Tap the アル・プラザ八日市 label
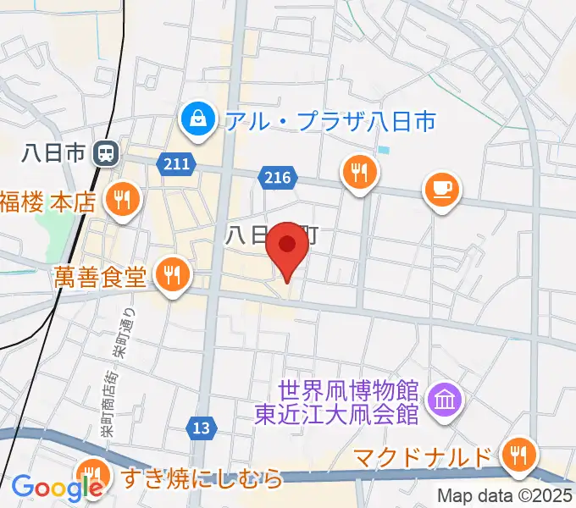tap(330, 120)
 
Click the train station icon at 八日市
tap(107, 153)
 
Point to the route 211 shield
tap(176, 162)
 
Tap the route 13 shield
tap(201, 429)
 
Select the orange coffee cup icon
tap(441, 188)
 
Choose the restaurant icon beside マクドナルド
tap(516, 457)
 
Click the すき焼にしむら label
tap(202, 479)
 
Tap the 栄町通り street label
tap(120, 331)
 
